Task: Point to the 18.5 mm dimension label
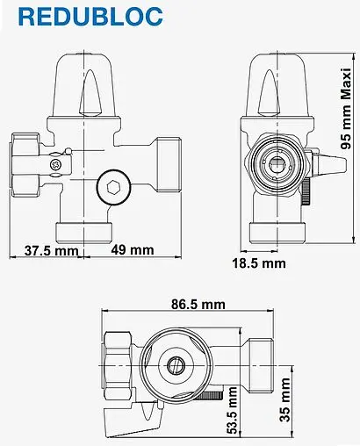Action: point(259,262)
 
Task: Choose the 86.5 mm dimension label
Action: point(197,304)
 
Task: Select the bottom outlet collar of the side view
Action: point(277,233)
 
